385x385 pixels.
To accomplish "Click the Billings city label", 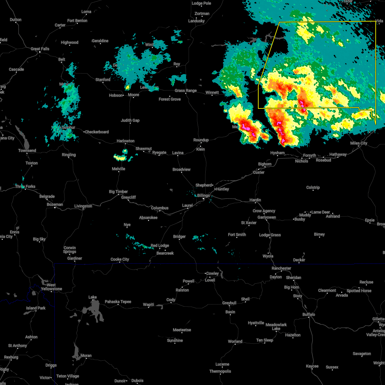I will tap(203, 195).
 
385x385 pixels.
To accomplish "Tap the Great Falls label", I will tap(40, 49).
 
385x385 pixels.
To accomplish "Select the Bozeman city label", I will tap(55, 204).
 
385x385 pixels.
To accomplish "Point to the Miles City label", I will tap(359, 143).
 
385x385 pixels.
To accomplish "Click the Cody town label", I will tap(171, 300).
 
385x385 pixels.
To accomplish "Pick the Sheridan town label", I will tap(294, 278).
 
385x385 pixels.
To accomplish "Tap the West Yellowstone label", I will tap(51, 287).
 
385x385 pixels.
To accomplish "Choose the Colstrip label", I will tap(313, 187).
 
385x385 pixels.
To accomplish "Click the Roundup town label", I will tap(201, 140).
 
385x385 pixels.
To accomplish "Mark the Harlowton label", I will tap(125, 141).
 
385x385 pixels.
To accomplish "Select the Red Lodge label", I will tap(160, 245).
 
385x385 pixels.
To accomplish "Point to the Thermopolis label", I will tap(220, 371).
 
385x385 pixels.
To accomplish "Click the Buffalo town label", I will tap(309, 314).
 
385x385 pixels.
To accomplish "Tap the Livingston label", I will tap(83, 206).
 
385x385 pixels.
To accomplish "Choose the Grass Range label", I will tap(186, 91).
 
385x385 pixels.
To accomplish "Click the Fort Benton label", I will tap(77, 21).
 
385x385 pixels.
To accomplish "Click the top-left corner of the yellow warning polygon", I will tap(279, 22).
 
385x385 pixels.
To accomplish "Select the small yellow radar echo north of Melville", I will tap(121, 157).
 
